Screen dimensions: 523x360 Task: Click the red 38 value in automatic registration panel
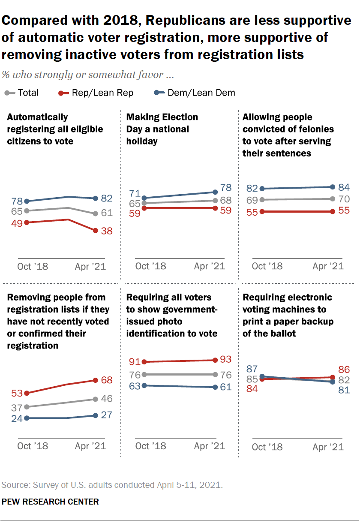pos(106,231)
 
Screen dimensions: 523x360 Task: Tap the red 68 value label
pos(106,380)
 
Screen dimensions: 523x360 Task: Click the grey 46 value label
pos(106,399)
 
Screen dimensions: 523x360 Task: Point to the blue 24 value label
pos(17,418)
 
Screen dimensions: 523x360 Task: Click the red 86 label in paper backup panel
pos(344,370)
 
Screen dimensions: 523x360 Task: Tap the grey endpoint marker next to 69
pos(262,200)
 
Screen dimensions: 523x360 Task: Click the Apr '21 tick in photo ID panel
pos(209,446)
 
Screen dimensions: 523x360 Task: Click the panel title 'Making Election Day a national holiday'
pos(162,129)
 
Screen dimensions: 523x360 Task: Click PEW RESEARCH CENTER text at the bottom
pos(50,502)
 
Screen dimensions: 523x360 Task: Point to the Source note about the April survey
pos(112,485)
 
